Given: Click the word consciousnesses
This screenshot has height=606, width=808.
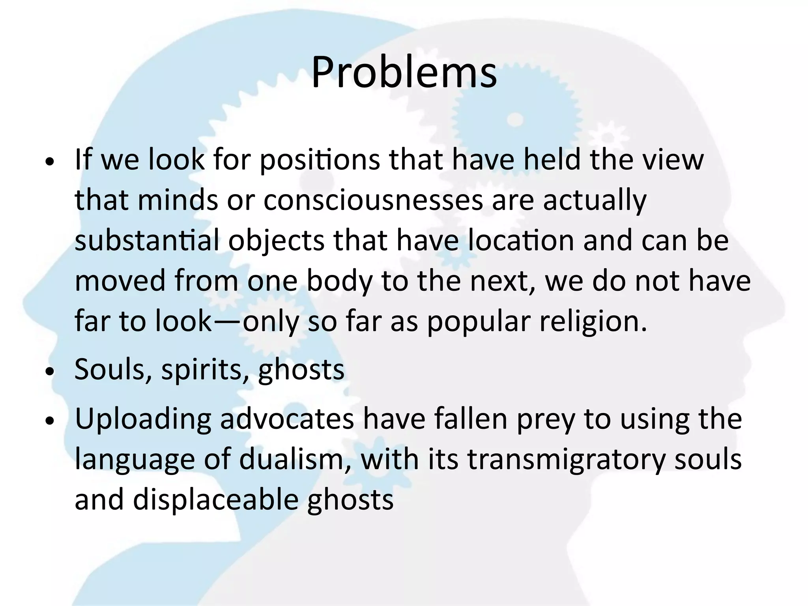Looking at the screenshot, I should click(x=373, y=200).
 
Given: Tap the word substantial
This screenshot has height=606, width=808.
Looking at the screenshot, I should click(x=147, y=240).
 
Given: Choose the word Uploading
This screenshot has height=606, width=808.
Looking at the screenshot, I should click(x=143, y=420).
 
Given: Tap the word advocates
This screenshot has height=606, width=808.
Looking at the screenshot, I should click(x=287, y=419).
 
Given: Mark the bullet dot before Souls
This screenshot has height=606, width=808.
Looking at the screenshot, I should click(x=49, y=372).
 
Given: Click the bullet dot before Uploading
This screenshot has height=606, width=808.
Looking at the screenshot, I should click(x=49, y=421).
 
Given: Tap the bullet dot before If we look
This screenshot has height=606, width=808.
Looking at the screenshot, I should click(x=49, y=162).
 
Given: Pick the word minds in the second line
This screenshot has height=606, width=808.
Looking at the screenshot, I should click(x=178, y=200).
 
